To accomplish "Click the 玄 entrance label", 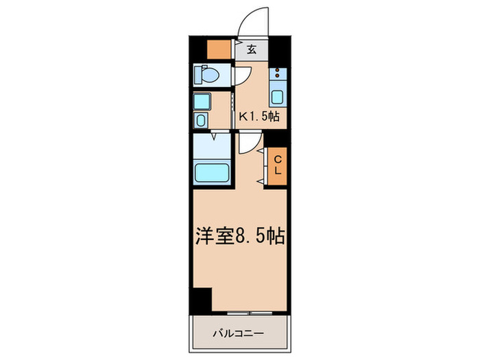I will [x=252, y=49].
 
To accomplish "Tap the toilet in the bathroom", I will [x=206, y=73].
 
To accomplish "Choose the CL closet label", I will [x=278, y=165].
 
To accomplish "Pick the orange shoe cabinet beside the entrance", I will [x=220, y=49].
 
